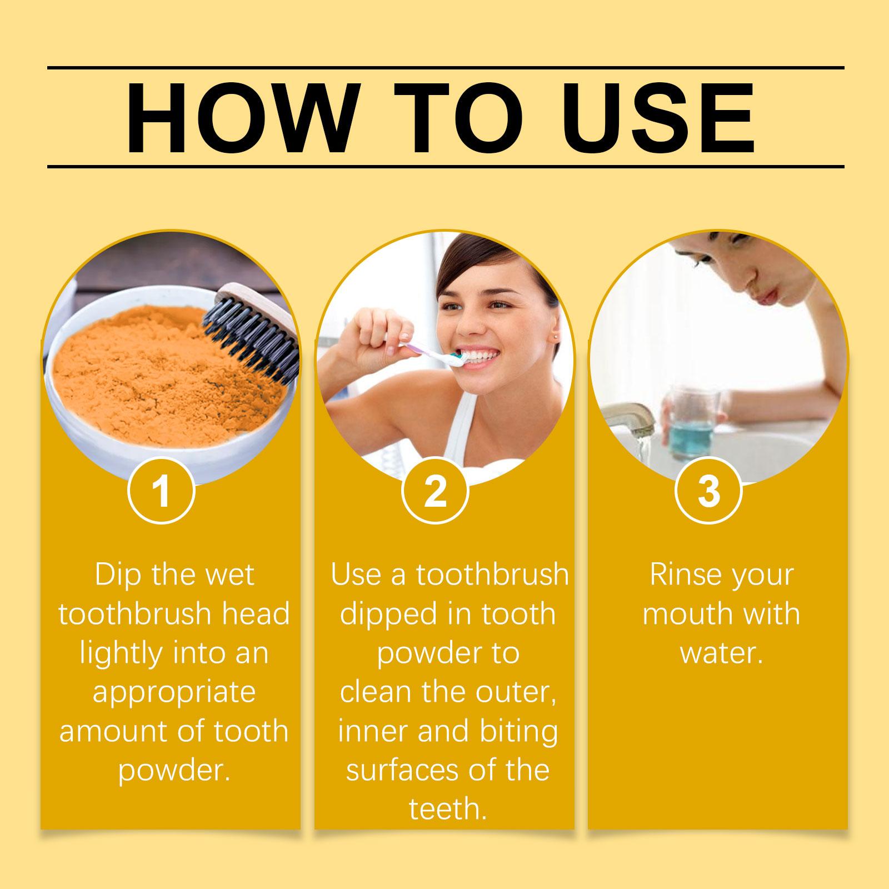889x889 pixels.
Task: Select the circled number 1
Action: [x=161, y=491]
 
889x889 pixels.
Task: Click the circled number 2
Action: [x=435, y=491]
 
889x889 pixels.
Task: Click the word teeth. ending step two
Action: [x=448, y=808]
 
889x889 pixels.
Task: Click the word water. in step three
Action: [x=721, y=653]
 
